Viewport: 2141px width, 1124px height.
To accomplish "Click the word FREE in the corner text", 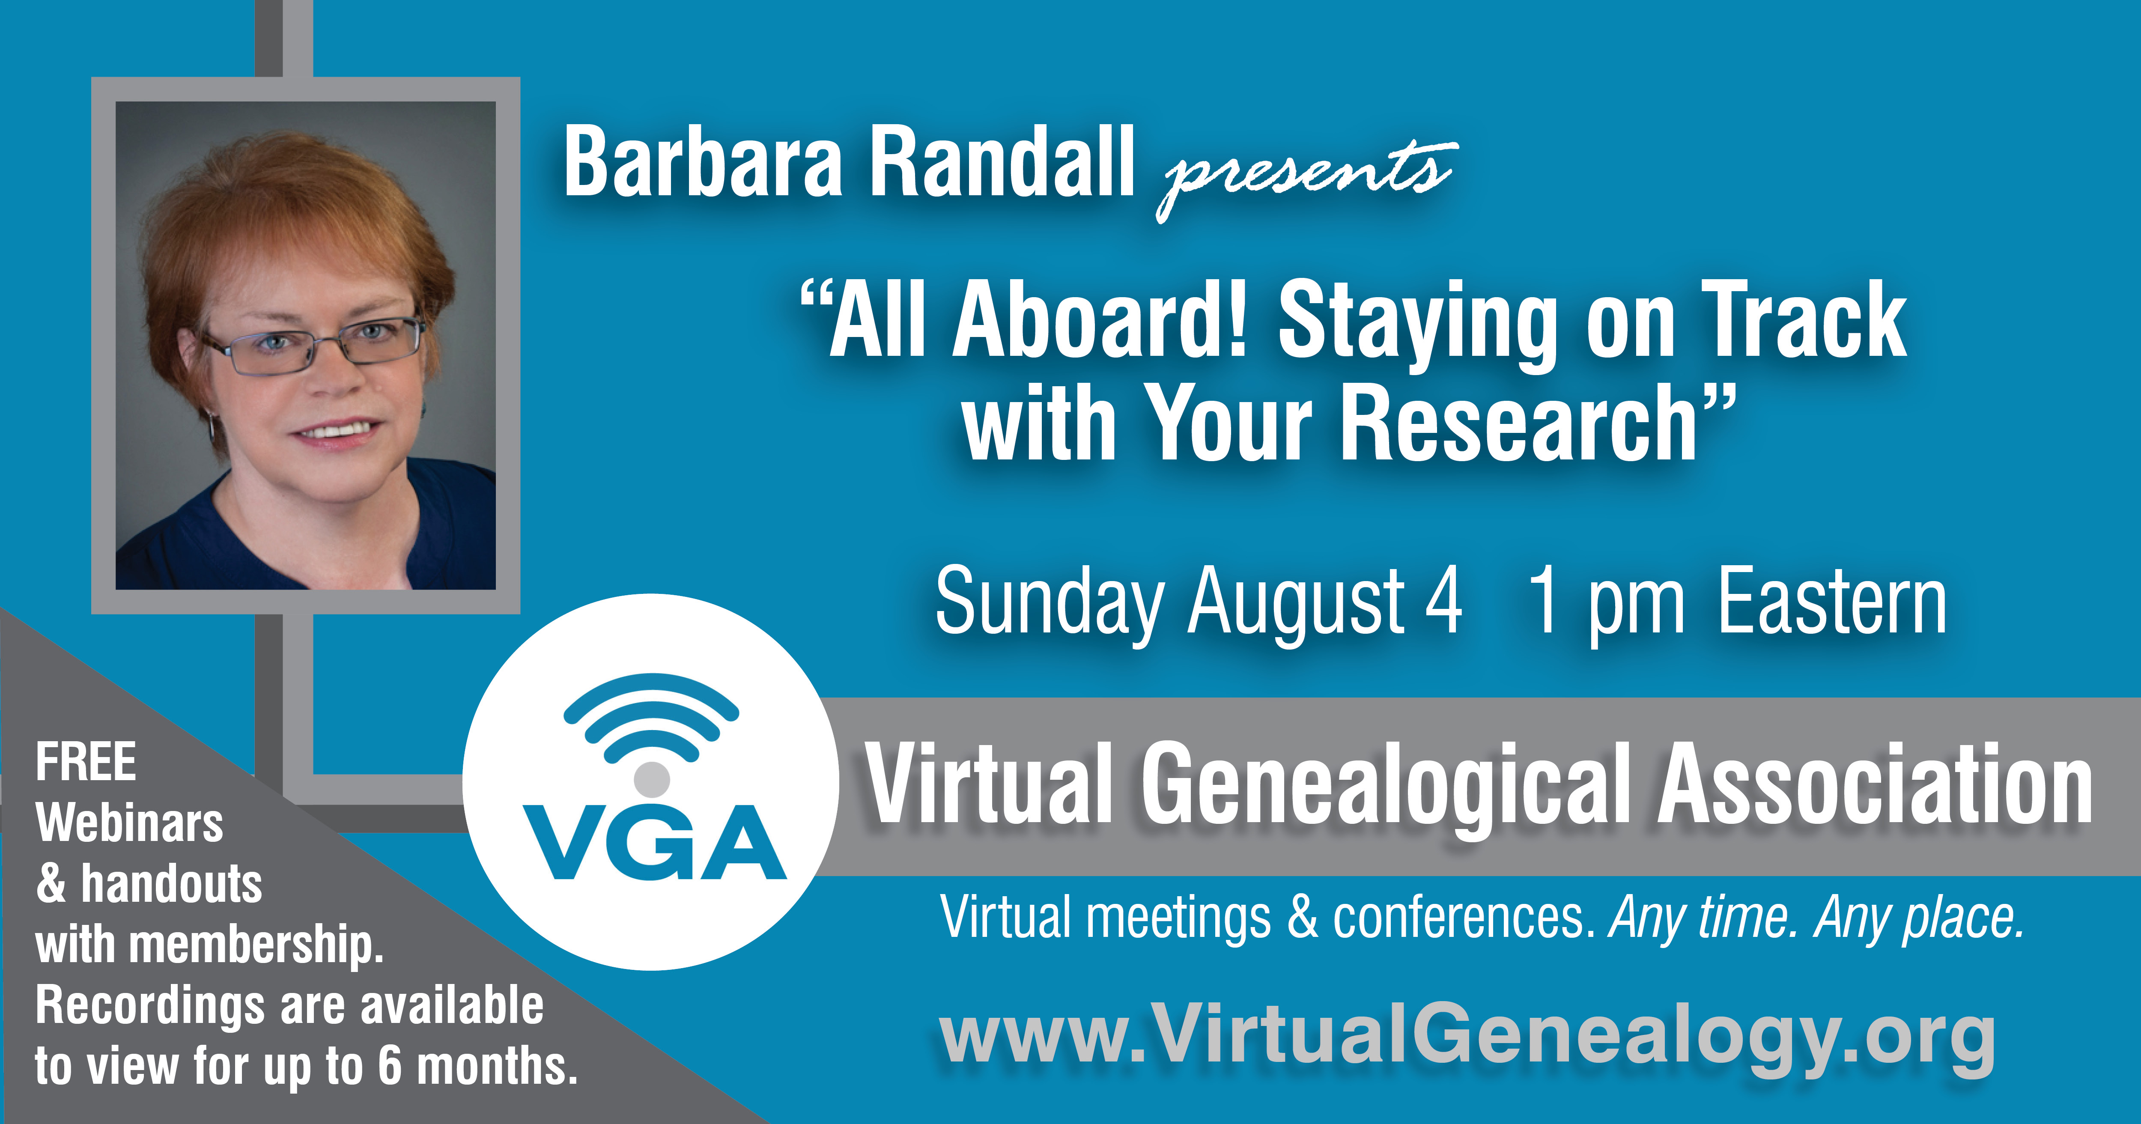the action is pos(86,762).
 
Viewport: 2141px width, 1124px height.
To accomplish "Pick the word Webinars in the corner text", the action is pos(130,823).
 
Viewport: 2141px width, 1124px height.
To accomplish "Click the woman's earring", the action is pos(213,428).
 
